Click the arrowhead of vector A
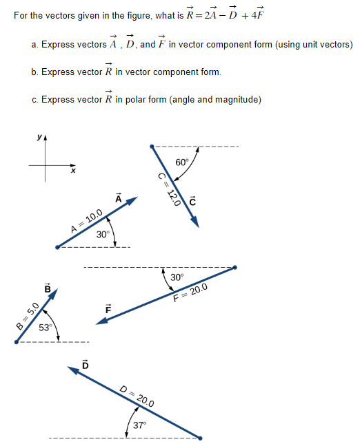coord(134,200)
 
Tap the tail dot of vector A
coord(58,246)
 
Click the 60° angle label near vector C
coord(182,162)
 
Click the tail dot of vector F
coord(235,267)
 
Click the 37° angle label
coord(140,425)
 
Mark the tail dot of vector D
coord(200,437)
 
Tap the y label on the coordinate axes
coord(39,138)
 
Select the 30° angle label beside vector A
coord(103,234)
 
